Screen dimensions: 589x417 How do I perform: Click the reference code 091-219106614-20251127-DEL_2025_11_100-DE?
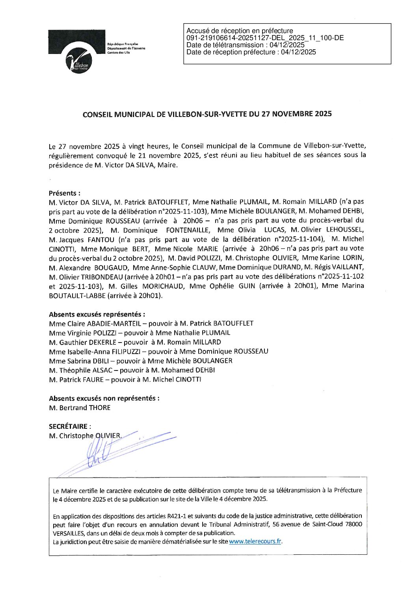[x=265, y=38]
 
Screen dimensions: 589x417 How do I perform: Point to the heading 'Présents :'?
[x=65, y=193]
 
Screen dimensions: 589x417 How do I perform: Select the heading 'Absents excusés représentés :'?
[x=97, y=314]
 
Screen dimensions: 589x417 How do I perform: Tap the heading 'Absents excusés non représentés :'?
[x=104, y=398]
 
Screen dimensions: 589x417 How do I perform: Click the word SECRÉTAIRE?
[x=68, y=426]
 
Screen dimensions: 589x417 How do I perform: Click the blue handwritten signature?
[x=102, y=451]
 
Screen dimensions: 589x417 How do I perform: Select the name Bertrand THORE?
[x=85, y=407]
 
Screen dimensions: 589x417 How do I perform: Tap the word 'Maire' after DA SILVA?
[x=167, y=165]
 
